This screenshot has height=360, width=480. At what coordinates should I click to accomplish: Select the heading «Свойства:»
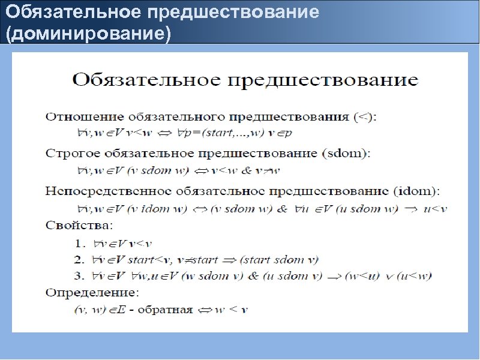(78, 226)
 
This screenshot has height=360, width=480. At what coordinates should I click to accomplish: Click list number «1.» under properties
(80, 244)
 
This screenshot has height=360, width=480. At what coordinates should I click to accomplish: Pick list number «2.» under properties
(80, 260)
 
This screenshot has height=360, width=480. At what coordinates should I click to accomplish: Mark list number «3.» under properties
(80, 276)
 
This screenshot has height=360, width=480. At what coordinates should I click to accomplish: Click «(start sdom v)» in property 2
(279, 260)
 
